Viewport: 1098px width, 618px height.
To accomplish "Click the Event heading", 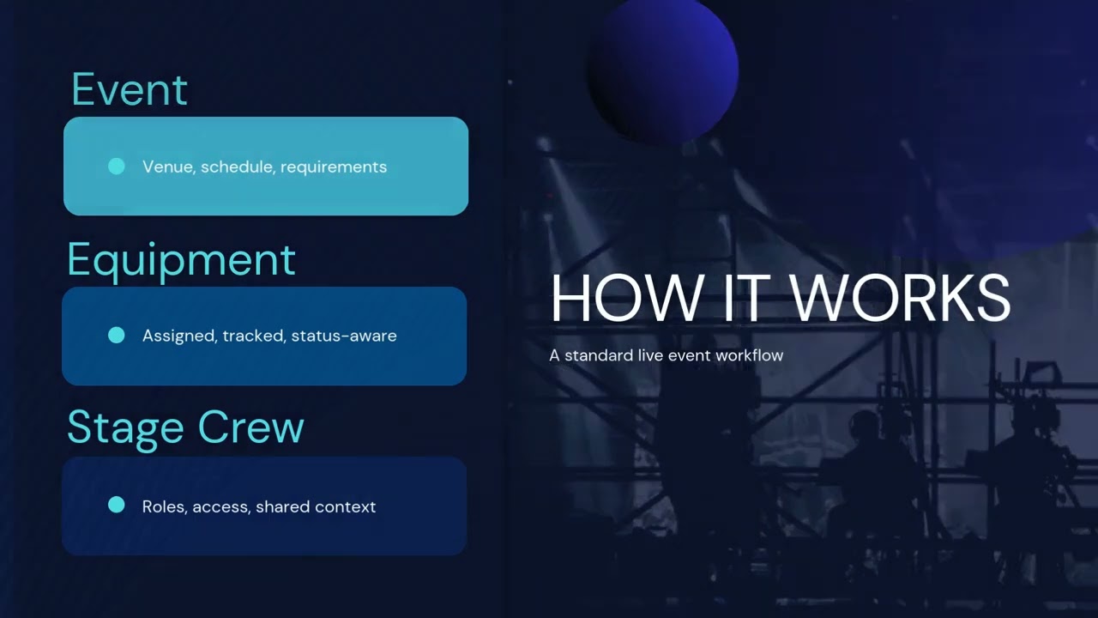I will pyautogui.click(x=130, y=89).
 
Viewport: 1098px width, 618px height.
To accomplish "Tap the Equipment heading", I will pyautogui.click(x=181, y=260).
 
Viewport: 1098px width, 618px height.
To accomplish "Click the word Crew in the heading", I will pyautogui.click(x=250, y=427).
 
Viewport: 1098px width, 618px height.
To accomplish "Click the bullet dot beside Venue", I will pyautogui.click(x=117, y=167).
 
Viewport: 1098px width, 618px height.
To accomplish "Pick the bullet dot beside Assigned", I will pyautogui.click(x=117, y=336).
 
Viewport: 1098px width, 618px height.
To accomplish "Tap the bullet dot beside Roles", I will pyautogui.click(x=117, y=506).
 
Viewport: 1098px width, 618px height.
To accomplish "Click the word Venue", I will pyautogui.click(x=168, y=167).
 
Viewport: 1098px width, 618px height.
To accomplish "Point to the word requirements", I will pyautogui.click(x=334, y=167).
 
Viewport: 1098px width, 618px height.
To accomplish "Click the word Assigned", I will pyautogui.click(x=179, y=336).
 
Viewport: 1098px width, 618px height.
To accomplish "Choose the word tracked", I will pyautogui.click(x=254, y=336).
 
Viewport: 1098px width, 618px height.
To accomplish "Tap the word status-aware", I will pyautogui.click(x=344, y=336).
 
